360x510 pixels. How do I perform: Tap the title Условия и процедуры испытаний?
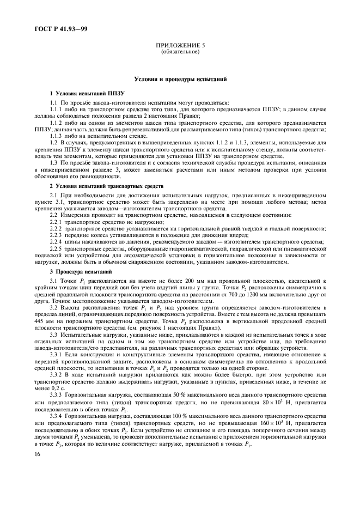click(180, 80)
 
